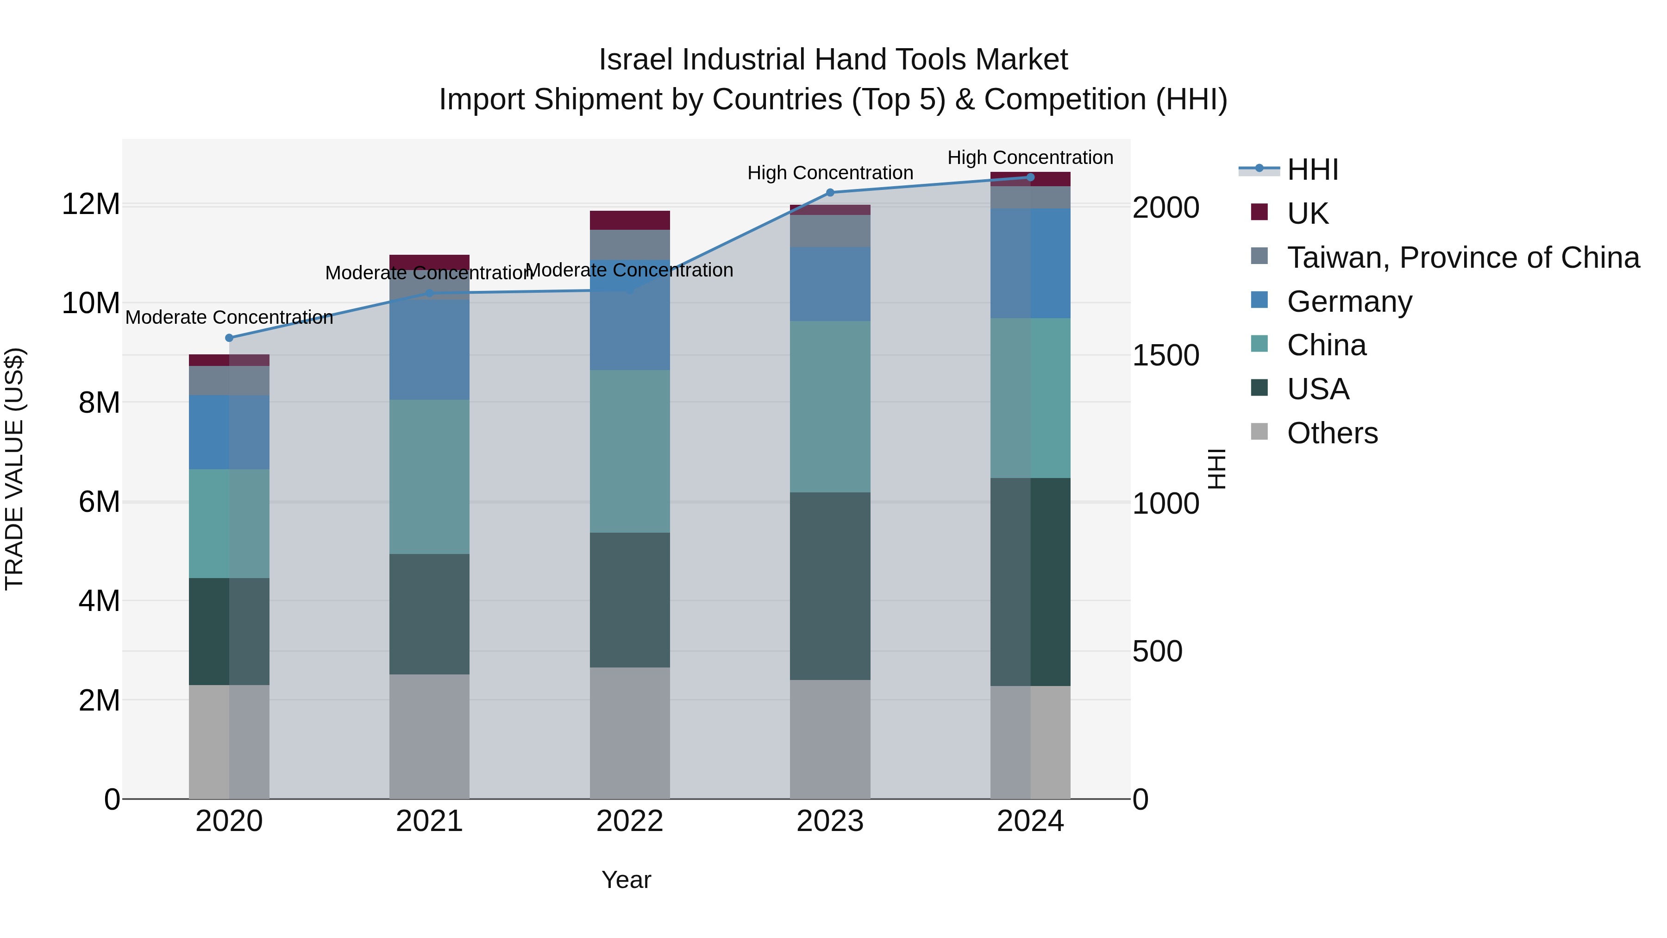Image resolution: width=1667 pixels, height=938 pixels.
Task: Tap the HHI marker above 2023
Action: click(x=830, y=192)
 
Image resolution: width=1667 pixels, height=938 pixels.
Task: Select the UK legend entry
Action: click(x=1307, y=214)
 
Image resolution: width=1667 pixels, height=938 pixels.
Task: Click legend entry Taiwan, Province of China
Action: click(x=1462, y=258)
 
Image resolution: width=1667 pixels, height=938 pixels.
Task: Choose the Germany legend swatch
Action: click(x=1260, y=300)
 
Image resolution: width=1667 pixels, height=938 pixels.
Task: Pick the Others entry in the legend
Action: click(x=1332, y=433)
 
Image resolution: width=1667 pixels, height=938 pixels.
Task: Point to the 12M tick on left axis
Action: click(x=91, y=205)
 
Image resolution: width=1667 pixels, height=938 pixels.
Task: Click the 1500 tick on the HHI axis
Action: click(x=1166, y=355)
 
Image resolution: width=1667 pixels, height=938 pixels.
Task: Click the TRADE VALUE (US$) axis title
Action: click(x=14, y=469)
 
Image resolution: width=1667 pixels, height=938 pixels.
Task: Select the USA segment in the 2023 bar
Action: click(x=830, y=586)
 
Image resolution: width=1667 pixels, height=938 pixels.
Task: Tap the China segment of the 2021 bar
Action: click(x=429, y=477)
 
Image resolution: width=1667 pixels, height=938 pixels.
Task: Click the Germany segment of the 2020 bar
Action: click(x=229, y=433)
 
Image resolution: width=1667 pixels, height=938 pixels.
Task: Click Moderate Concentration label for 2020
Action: click(x=229, y=318)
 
